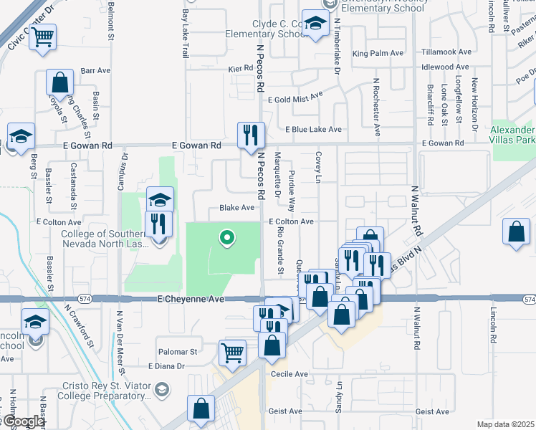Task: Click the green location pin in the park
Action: click(x=227, y=237)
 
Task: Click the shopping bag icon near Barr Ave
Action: click(x=59, y=83)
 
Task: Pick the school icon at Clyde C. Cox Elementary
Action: click(x=315, y=24)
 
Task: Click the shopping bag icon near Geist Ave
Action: click(x=201, y=409)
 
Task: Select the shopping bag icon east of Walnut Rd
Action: click(x=516, y=232)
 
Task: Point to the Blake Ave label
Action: click(x=237, y=208)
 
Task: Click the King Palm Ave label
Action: click(x=378, y=53)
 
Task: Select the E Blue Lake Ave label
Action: click(x=313, y=130)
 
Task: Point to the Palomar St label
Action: click(x=178, y=352)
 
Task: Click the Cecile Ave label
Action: click(x=289, y=374)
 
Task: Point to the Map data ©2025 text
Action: click(x=505, y=424)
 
